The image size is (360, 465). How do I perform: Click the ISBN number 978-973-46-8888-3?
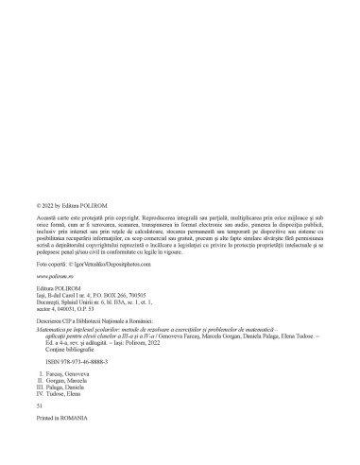click(78, 362)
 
